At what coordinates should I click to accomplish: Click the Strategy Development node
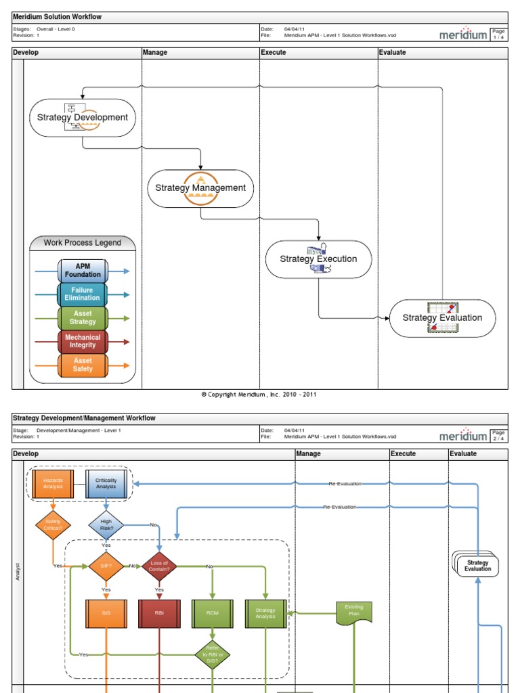[83, 118]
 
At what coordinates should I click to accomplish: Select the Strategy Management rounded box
[200, 188]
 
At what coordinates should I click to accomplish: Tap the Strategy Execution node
[318, 259]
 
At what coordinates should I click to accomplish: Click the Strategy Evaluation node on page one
[442, 318]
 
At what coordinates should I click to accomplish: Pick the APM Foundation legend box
[83, 271]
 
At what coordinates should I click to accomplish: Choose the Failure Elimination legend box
[83, 294]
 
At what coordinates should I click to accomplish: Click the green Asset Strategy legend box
[83, 318]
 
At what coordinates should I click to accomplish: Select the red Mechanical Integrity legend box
[83, 342]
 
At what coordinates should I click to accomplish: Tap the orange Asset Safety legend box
[83, 365]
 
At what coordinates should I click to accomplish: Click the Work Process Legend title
[83, 243]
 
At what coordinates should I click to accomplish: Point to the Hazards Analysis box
[53, 483]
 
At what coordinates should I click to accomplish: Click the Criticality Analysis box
[106, 483]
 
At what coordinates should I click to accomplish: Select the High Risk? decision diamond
[106, 524]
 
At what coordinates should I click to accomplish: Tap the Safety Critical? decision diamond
[53, 524]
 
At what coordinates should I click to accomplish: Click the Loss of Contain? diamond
[159, 566]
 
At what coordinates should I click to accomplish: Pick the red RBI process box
[159, 614]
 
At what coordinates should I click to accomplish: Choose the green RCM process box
[213, 614]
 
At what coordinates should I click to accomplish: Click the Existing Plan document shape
[354, 611]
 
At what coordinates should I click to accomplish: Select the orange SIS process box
[106, 614]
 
